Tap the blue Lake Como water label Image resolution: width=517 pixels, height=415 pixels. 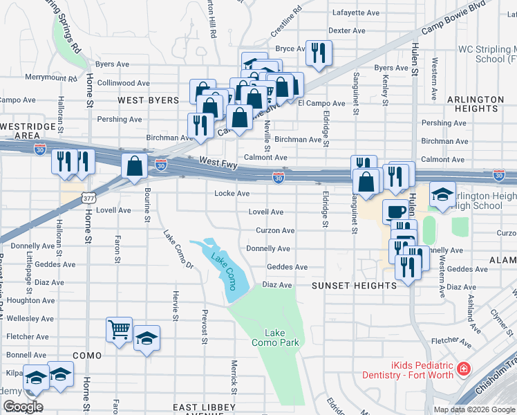[226, 266]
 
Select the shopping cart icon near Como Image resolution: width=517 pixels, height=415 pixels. [119, 329]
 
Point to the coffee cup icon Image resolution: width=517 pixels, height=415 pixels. [395, 211]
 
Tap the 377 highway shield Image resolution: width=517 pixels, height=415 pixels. [88, 198]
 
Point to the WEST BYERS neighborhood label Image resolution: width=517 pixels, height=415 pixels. [149, 101]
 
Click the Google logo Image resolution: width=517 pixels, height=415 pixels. [22, 407]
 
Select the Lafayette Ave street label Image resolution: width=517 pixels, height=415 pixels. [356, 12]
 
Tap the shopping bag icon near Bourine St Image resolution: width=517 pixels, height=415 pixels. [133, 166]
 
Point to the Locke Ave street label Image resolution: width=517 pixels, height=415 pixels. [232, 194]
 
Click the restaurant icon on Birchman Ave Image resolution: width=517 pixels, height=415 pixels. [198, 125]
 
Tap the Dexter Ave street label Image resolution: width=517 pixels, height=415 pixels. [347, 30]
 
